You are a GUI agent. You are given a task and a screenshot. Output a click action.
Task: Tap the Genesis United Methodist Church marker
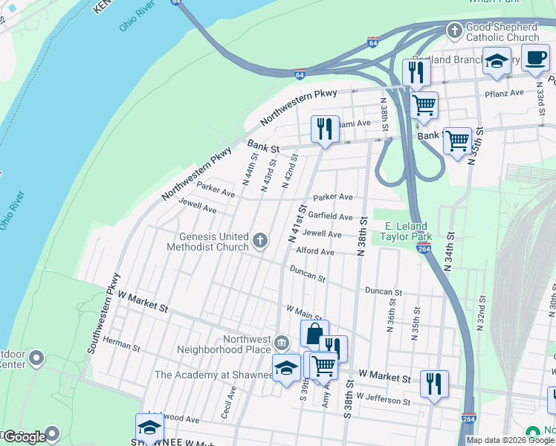259,241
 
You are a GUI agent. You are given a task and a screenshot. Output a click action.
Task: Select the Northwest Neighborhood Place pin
281,343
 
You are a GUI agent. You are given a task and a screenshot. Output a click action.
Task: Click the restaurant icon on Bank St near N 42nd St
324,129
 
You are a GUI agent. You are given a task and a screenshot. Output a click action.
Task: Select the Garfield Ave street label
331,216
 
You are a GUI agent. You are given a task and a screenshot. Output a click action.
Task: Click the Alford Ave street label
316,252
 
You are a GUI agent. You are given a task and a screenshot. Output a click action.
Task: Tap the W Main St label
304,311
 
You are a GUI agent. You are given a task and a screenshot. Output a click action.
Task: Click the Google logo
25,437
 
